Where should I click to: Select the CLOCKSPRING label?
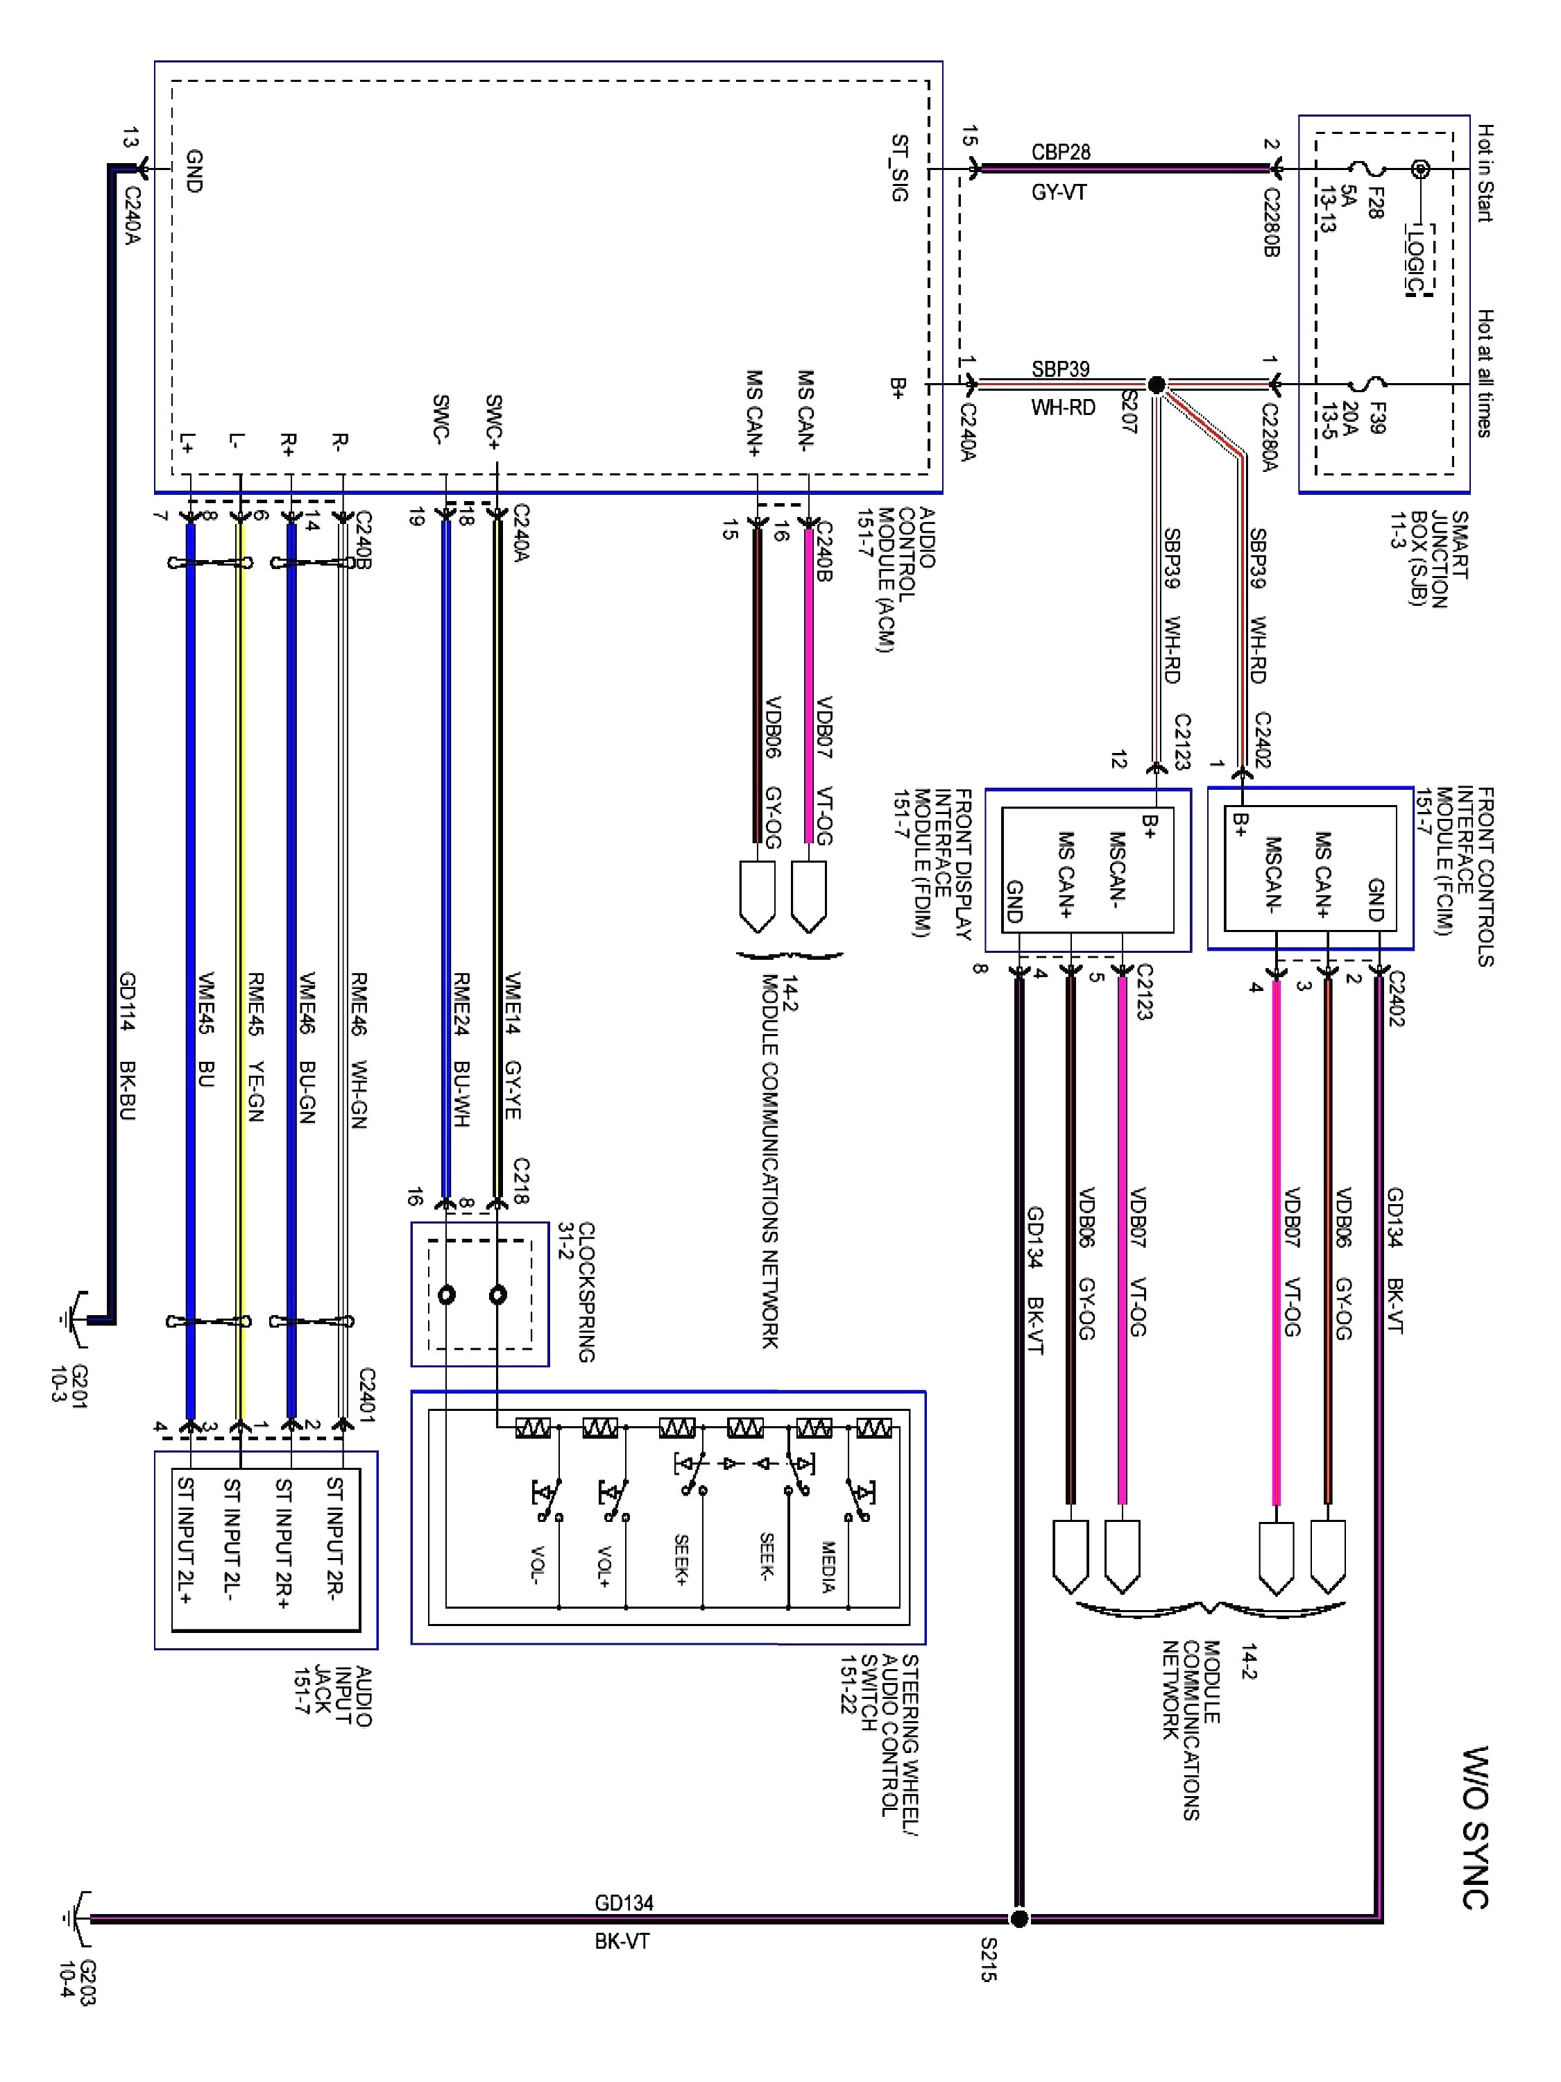[586, 1292]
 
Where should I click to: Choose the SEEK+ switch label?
[681, 1559]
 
